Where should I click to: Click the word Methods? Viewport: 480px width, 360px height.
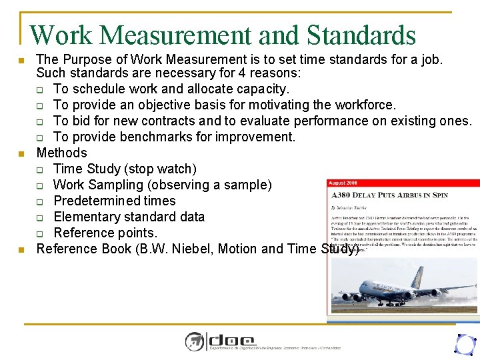click(x=61, y=153)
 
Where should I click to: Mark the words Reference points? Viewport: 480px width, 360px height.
click(x=105, y=233)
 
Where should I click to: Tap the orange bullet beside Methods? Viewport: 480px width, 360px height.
click(x=21, y=154)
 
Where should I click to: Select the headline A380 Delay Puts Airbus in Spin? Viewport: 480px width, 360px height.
click(x=389, y=196)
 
